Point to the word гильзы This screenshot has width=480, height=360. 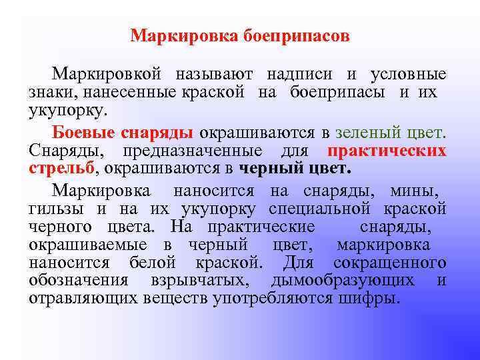[53, 209]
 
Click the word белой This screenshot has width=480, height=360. [156, 261]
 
